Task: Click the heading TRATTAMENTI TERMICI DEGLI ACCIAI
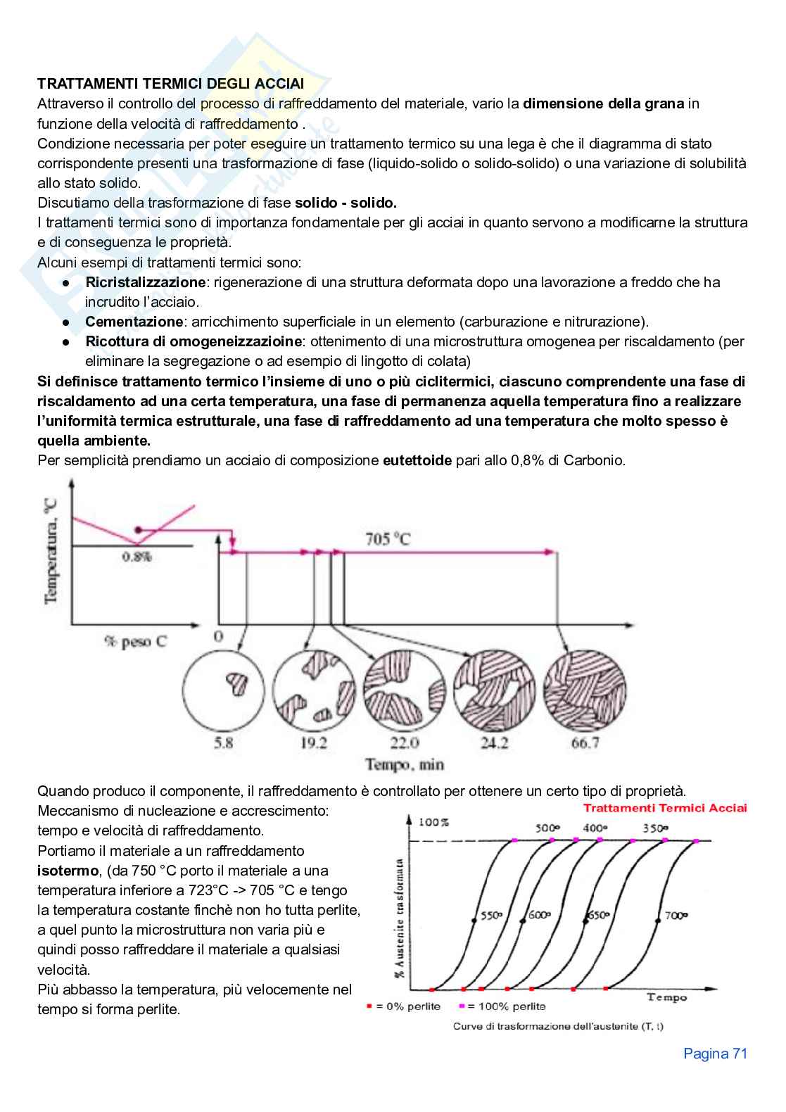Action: click(170, 84)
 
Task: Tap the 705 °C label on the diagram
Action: click(388, 539)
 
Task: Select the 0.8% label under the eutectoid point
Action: click(137, 557)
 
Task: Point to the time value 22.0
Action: click(405, 743)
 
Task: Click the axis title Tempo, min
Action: click(405, 764)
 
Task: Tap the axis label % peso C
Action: click(136, 642)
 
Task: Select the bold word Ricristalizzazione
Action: click(145, 282)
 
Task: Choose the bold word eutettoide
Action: click(417, 461)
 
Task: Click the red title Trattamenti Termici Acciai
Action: click(665, 808)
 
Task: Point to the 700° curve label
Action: click(676, 916)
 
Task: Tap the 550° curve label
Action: click(491, 916)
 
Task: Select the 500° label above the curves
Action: click(547, 828)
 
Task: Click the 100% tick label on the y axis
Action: click(433, 822)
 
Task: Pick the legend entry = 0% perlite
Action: click(404, 1006)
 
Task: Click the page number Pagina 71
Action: click(715, 1054)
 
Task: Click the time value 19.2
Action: click(314, 743)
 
